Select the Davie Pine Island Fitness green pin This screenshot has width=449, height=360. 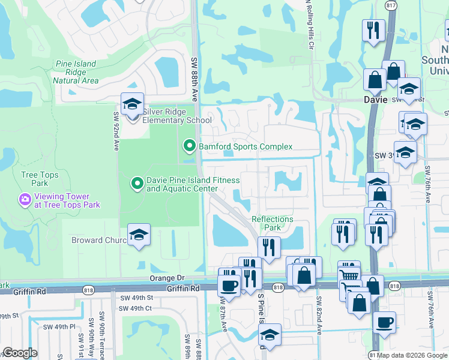(x=137, y=184)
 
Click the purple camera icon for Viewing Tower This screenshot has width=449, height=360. (x=25, y=199)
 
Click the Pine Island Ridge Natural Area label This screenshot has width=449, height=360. (x=76, y=71)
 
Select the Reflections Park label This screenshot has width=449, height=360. (x=273, y=223)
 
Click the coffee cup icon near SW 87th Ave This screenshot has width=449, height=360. (x=229, y=283)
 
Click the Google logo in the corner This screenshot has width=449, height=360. (x=20, y=353)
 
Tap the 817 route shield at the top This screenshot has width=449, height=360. (x=391, y=5)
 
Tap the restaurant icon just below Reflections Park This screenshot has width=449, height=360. (x=269, y=247)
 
